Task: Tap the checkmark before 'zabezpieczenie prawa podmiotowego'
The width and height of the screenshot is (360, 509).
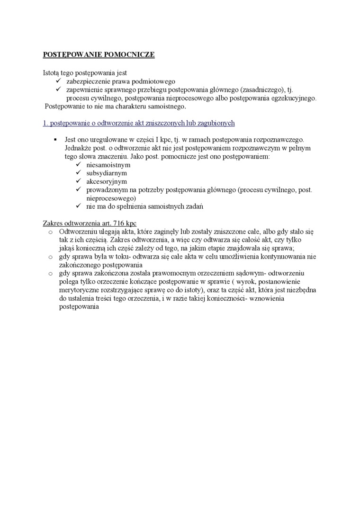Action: [x=59, y=81]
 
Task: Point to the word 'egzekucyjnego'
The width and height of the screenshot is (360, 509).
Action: [x=292, y=98]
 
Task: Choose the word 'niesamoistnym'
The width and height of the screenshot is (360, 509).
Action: [x=108, y=165]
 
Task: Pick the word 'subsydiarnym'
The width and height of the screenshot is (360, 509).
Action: [x=107, y=173]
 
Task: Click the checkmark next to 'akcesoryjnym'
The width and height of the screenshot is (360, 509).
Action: [x=79, y=181]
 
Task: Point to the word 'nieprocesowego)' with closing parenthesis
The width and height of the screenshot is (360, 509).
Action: [x=111, y=198]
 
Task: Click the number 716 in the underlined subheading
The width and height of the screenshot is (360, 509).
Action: [x=119, y=223]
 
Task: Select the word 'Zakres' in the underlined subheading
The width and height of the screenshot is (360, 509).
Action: [x=53, y=223]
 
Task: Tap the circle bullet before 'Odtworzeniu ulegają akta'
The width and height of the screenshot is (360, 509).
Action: [x=50, y=232]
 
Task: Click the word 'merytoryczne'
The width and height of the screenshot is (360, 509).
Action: [x=80, y=290]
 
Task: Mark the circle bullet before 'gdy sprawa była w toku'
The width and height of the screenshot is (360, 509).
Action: [x=50, y=257]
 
